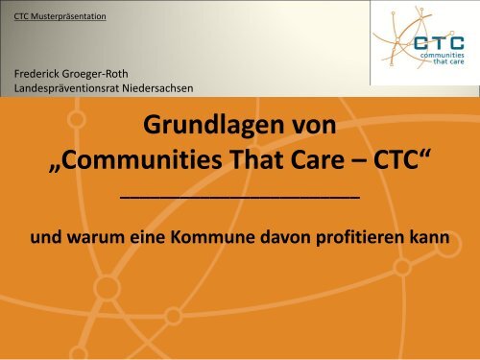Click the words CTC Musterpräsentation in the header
click(x=65, y=16)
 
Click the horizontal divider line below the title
click(x=239, y=195)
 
